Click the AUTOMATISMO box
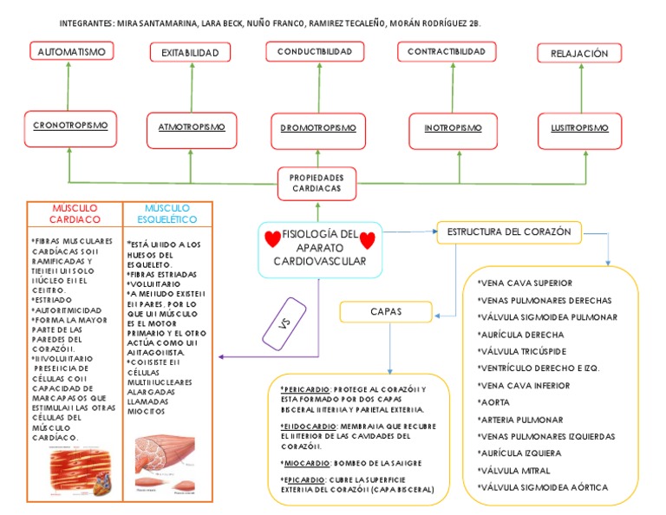point(71,52)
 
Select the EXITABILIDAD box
point(190,53)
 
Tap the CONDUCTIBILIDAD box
point(315,52)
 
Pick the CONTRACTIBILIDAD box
point(447,52)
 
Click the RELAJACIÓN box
point(579,54)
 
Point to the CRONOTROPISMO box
point(71,126)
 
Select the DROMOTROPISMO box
point(318,128)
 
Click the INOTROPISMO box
point(453,128)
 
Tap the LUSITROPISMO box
point(579,127)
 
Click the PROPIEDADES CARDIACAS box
point(317,183)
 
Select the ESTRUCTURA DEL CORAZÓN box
point(509,231)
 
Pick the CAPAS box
point(387,310)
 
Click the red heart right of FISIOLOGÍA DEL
point(368,239)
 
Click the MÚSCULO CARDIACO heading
point(75,214)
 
